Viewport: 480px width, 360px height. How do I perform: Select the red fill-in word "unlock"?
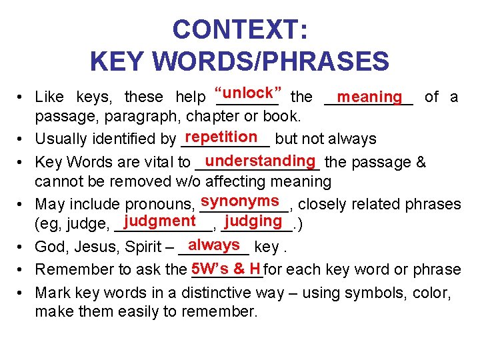click(x=247, y=92)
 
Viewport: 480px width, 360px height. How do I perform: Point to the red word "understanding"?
click(x=261, y=160)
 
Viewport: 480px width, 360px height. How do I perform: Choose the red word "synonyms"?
click(x=240, y=201)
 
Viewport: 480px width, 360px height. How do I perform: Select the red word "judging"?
click(x=253, y=221)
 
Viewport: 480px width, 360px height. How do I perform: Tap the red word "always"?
click(x=214, y=245)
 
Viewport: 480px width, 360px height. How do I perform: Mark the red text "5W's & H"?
click(x=225, y=267)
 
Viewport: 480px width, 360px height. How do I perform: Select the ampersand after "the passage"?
click(x=422, y=162)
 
